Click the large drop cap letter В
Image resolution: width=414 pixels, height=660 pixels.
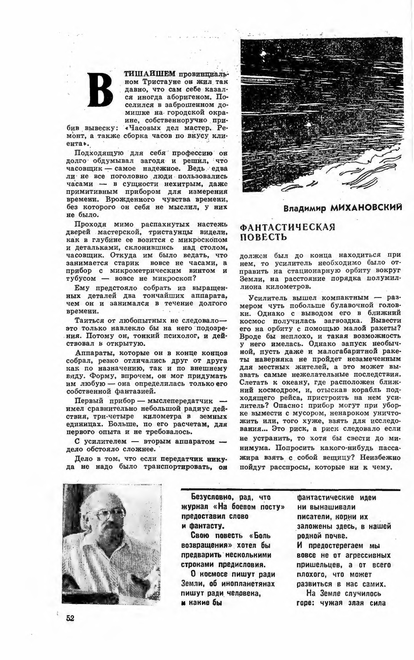[x=100, y=90]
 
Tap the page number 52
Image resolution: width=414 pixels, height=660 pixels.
[x=70, y=618]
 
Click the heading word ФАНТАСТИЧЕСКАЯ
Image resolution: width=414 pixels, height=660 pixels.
[x=287, y=227]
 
